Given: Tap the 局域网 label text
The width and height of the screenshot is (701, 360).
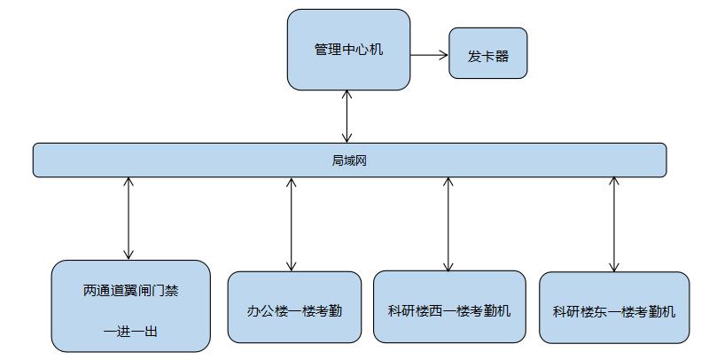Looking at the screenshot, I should pos(348,160).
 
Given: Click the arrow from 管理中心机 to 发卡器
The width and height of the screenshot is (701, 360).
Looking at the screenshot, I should pos(429,55).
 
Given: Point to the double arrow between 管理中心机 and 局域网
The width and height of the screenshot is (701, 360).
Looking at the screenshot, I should pos(347,116).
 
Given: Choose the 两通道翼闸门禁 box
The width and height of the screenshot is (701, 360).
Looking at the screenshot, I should pos(130,306).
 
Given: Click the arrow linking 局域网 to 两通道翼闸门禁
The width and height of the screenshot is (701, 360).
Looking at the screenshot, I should pos(129,218).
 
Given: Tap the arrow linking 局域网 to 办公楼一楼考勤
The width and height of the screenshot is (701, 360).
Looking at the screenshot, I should pos(291,223).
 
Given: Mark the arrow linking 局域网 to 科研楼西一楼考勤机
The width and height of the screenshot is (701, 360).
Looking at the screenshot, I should pos(448,223).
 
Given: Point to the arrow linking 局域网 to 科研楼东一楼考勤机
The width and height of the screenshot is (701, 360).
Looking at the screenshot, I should pos(613,224).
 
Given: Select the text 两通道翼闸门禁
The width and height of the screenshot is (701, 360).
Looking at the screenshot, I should pos(130,290).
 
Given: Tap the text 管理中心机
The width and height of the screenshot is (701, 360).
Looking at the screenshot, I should pos(348,50).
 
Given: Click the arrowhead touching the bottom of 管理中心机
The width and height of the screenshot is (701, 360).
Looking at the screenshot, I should pos(347,95).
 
